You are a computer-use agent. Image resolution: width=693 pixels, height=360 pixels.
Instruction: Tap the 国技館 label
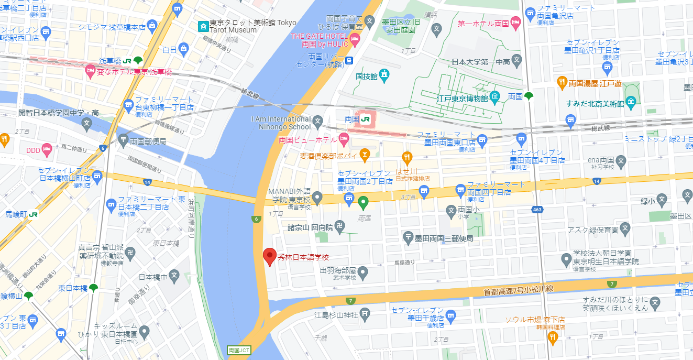367,77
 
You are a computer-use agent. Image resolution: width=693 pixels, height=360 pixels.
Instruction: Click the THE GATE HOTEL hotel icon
355,38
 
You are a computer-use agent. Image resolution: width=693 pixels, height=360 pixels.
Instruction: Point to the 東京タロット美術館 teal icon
202,26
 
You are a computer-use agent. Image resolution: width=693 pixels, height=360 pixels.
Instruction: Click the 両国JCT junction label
239,350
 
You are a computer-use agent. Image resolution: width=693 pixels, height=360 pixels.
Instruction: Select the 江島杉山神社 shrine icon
365,314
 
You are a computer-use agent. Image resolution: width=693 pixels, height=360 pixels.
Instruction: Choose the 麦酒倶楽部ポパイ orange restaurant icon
365,155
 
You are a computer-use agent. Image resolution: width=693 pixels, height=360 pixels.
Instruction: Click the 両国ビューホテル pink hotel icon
344,139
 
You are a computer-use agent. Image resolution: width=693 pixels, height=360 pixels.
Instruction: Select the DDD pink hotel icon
47,150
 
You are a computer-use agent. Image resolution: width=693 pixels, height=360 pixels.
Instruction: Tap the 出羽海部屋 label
337,270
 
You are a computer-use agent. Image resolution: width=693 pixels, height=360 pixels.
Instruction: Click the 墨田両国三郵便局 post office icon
409,238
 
